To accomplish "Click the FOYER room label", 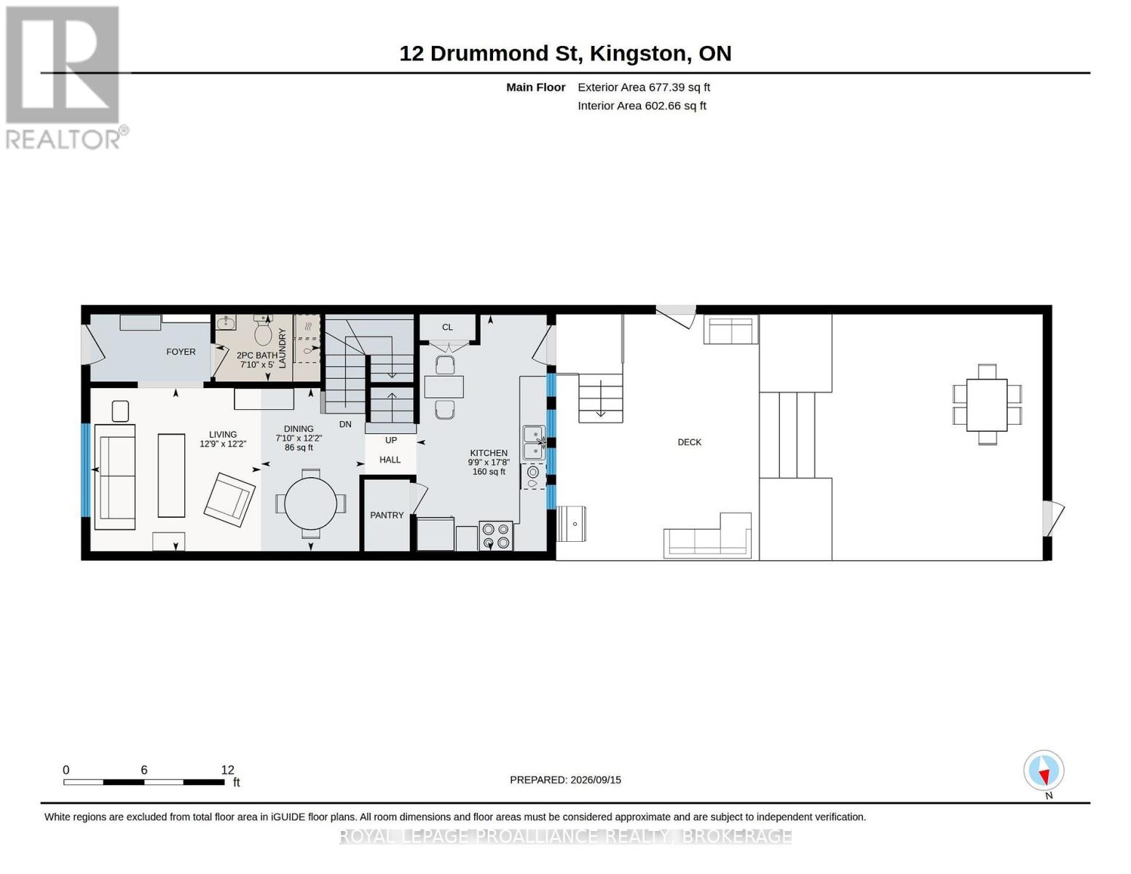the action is tap(181, 352).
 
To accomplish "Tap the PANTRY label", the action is tap(387, 516).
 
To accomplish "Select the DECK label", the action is tap(689, 443).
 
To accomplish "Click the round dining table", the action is tap(311, 503).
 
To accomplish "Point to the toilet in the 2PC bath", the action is tap(263, 331).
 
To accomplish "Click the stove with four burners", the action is tap(495, 536).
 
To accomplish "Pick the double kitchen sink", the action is tap(534, 443).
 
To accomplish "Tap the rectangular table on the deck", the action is tap(986, 405).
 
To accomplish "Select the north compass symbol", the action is tap(1044, 771).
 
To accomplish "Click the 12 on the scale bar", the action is tap(227, 770).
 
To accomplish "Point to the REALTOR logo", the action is tap(65, 78).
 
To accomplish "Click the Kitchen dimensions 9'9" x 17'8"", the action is tap(488, 462).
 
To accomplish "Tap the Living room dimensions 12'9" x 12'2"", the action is tap(223, 444).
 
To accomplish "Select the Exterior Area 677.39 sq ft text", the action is tap(644, 87).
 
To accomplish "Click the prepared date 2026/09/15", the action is tap(596, 780).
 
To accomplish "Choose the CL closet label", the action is tap(447, 328).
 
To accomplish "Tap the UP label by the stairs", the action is tap(391, 441).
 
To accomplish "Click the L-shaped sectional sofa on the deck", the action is tap(708, 536).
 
